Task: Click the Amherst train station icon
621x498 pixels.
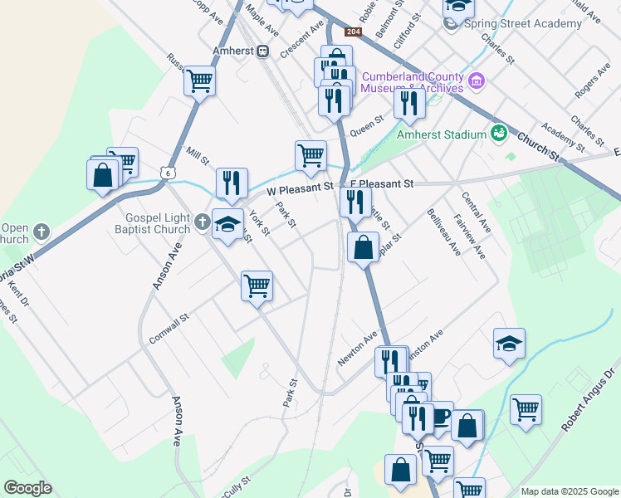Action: (x=262, y=51)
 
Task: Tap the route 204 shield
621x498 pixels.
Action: (x=354, y=32)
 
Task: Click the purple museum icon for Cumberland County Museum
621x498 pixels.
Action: (x=477, y=81)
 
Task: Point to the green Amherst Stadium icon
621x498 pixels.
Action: (x=499, y=132)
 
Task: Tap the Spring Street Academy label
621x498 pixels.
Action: (x=523, y=23)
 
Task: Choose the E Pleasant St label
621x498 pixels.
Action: (x=381, y=183)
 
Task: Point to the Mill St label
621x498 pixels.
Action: (x=197, y=155)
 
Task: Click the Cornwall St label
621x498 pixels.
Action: (x=169, y=329)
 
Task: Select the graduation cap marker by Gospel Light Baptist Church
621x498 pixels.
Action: (x=227, y=223)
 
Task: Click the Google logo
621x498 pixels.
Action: (x=27, y=487)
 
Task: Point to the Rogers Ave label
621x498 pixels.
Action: (x=592, y=85)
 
